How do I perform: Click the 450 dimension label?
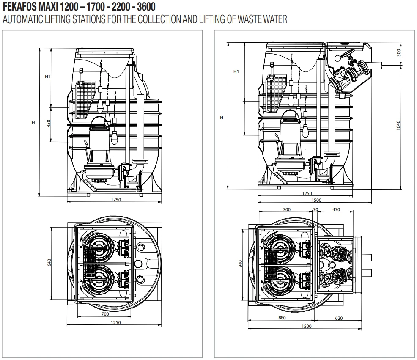tap(49, 123)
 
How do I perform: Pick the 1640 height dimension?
tap(398, 125)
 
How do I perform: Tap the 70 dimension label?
tap(315, 209)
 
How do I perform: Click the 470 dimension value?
tap(336, 209)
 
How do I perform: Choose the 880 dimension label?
tap(282, 318)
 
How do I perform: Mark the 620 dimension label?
tap(339, 318)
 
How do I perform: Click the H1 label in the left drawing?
tap(47, 77)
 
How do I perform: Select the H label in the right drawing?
tap(221, 118)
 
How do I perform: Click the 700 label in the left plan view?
tap(105, 314)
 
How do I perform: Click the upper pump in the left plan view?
tap(98, 248)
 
